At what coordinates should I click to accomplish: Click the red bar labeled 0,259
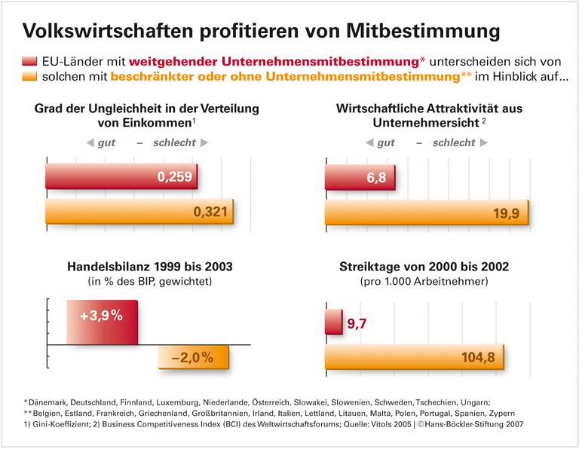tap(121, 178)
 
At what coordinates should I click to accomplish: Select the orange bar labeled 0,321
tap(139, 212)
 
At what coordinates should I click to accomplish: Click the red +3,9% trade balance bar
tap(102, 321)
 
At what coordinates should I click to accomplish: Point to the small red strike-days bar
tap(334, 322)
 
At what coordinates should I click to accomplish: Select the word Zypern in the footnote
tap(501, 414)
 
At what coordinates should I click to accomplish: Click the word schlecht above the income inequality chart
tap(175, 142)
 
